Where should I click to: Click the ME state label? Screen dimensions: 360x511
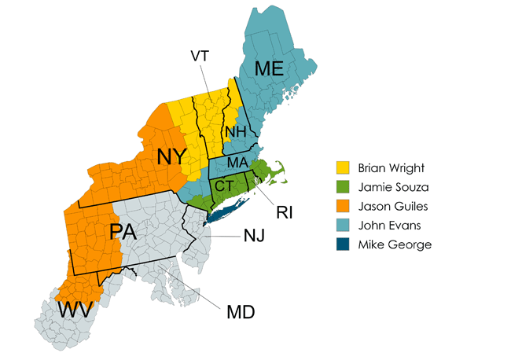267,69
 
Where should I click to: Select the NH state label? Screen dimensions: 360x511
235,130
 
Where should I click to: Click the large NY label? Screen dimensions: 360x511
172,156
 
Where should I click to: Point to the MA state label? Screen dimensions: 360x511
237,163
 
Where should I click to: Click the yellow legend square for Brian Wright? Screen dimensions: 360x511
343,168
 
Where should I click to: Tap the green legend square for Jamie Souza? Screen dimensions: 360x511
343,187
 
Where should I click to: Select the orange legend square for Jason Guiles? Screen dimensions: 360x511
343,206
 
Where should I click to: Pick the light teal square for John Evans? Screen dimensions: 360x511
343,226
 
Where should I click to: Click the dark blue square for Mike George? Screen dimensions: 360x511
343,244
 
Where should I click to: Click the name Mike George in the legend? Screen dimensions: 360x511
395,244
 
